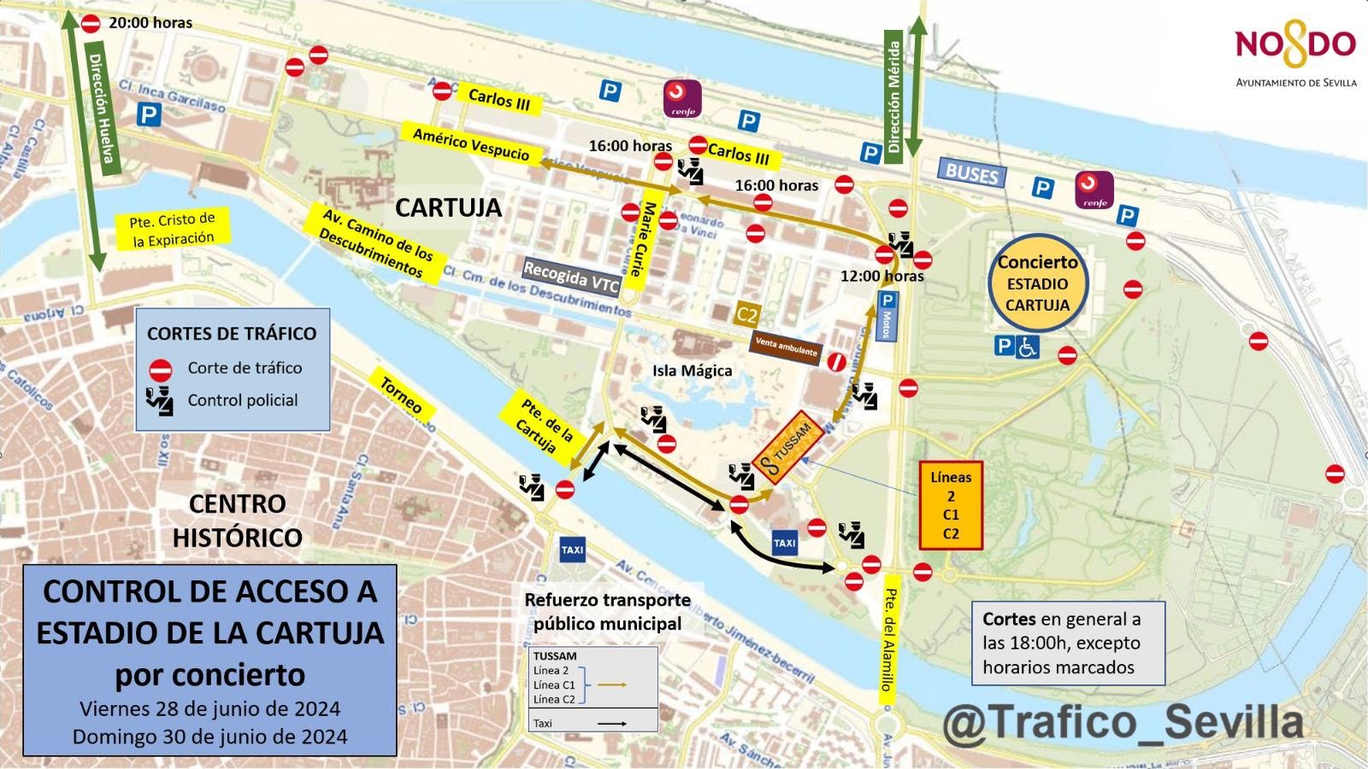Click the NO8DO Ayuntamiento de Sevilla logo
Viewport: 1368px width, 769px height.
pos(1295,56)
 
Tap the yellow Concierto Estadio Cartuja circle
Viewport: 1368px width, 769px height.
pos(1037,283)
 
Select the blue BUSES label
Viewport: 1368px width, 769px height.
pos(972,173)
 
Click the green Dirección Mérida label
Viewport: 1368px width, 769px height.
pos(894,97)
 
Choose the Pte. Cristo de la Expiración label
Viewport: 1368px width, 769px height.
pos(173,229)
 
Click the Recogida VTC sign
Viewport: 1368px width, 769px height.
pos(571,277)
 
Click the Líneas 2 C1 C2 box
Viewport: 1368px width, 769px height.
pos(951,505)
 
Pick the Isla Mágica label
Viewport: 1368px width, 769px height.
pos(692,370)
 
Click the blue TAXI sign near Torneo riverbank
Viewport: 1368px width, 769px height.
pos(572,549)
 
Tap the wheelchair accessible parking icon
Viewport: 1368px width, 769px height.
pos(1028,346)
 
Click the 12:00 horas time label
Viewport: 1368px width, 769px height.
pos(882,276)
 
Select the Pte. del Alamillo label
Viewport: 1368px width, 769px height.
pos(889,640)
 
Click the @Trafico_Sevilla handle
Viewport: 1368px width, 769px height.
pos(1123,721)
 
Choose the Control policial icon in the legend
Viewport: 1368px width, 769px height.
pos(160,400)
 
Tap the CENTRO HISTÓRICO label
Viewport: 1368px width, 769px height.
pos(237,520)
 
